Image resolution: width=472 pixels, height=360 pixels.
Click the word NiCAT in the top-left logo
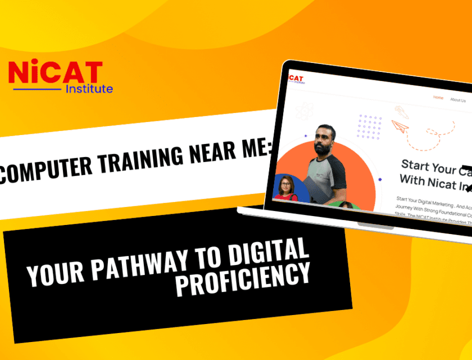point(55,73)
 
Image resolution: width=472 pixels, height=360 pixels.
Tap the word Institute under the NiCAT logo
point(89,89)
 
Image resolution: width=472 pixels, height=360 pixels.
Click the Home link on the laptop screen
point(438,98)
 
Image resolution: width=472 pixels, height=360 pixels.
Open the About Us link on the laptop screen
point(457,100)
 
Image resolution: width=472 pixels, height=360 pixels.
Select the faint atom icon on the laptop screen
point(304,111)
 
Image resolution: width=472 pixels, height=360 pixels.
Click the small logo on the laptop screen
point(294,78)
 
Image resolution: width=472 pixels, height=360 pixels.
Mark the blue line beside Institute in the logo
point(37,89)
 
